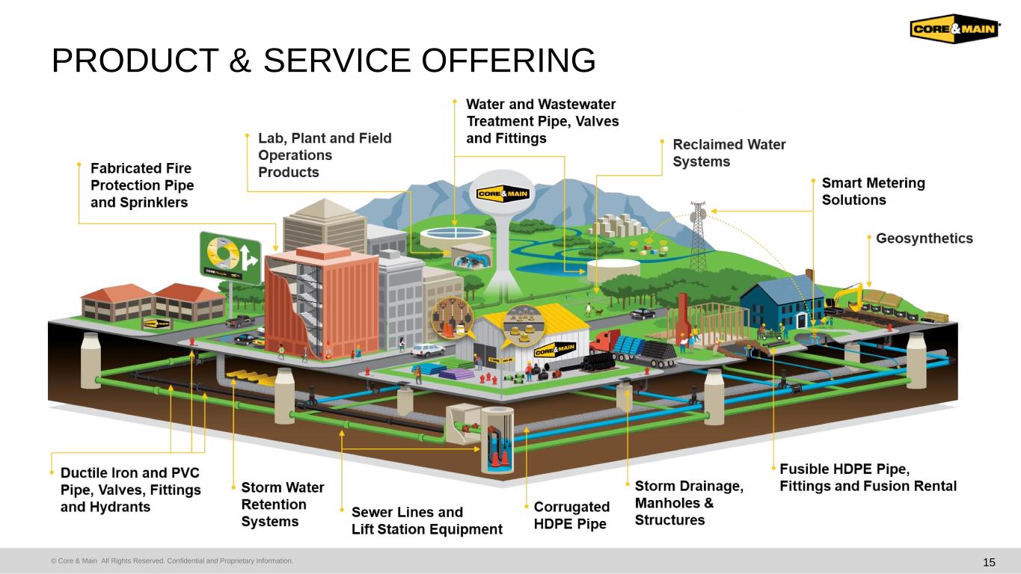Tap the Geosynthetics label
click(925, 238)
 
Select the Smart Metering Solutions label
click(873, 191)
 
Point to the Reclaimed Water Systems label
click(729, 152)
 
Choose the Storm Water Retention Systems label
click(282, 504)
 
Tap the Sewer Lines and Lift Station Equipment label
click(426, 521)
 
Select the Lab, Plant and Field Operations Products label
click(324, 155)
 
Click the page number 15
click(989, 562)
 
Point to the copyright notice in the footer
click(171, 561)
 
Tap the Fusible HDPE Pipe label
click(868, 478)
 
